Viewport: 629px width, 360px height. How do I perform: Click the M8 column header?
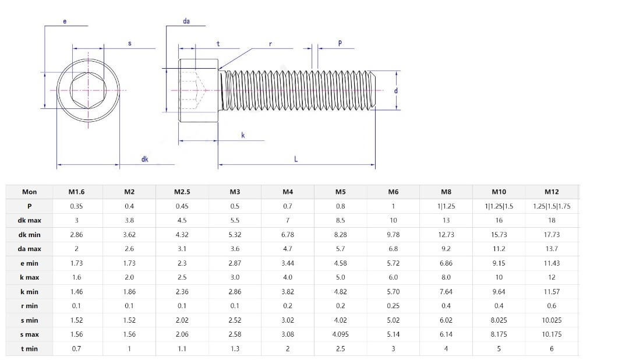click(446, 192)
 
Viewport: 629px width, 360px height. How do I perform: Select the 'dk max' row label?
click(29, 220)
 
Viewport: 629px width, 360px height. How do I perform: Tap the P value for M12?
click(551, 206)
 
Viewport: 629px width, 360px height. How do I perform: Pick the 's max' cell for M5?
click(340, 334)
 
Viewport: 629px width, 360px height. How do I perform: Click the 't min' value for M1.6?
click(76, 349)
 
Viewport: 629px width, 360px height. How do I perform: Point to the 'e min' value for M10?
click(499, 263)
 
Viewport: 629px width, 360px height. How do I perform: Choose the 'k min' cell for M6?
click(393, 292)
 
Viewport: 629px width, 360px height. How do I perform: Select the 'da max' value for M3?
click(235, 249)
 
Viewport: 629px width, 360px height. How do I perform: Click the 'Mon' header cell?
click(29, 192)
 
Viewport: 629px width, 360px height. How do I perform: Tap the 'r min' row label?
click(29, 306)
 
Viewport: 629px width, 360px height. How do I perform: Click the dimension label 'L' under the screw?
click(296, 159)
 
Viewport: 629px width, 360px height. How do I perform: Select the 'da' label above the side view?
click(186, 22)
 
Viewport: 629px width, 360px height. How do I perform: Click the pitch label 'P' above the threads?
click(340, 43)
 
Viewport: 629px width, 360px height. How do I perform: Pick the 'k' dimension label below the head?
click(243, 135)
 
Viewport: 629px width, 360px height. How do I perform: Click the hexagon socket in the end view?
click(88, 90)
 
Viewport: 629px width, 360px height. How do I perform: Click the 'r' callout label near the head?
click(271, 44)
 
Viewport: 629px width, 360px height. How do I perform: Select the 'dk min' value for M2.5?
click(182, 235)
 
